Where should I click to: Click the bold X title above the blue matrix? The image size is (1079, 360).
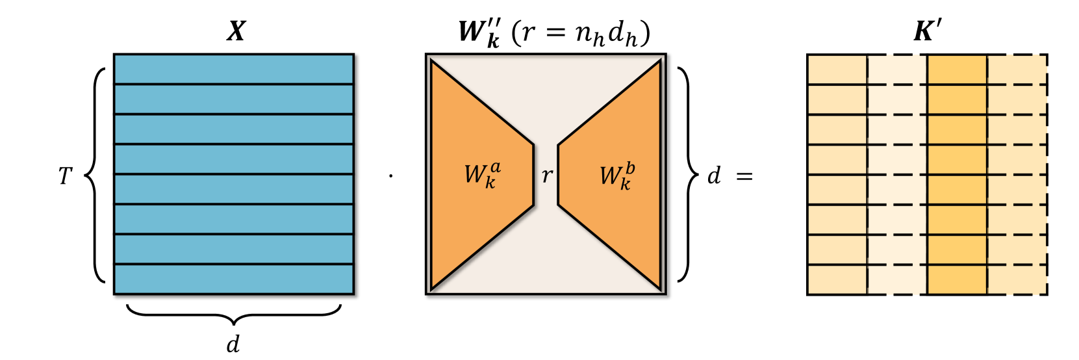pyautogui.click(x=236, y=31)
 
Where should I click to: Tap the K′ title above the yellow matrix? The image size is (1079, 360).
pyautogui.click(x=927, y=31)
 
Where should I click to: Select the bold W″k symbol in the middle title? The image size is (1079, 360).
pyautogui.click(x=479, y=32)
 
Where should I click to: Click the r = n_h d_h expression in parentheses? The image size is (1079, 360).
pyautogui.click(x=580, y=32)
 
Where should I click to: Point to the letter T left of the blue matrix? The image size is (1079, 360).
pyautogui.click(x=65, y=175)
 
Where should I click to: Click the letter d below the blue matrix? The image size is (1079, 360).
pyautogui.click(x=233, y=343)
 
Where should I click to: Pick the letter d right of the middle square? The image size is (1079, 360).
pyautogui.click(x=714, y=175)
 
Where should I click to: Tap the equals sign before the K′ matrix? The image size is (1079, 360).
pyautogui.click(x=744, y=176)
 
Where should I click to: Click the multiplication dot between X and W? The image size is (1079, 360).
pyautogui.click(x=390, y=175)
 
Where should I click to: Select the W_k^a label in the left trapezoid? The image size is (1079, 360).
pyautogui.click(x=482, y=175)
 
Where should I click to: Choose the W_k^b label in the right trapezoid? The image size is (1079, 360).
pyautogui.click(x=616, y=175)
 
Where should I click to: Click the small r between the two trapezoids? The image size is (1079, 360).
pyautogui.click(x=547, y=175)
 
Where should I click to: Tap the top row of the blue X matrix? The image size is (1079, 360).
pyautogui.click(x=234, y=69)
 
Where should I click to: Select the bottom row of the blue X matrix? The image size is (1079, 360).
pyautogui.click(x=234, y=279)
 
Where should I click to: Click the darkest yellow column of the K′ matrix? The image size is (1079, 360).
pyautogui.click(x=957, y=175)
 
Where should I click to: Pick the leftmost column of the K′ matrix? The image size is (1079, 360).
pyautogui.click(x=837, y=175)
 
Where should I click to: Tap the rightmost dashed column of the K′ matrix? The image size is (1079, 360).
pyautogui.click(x=1017, y=175)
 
